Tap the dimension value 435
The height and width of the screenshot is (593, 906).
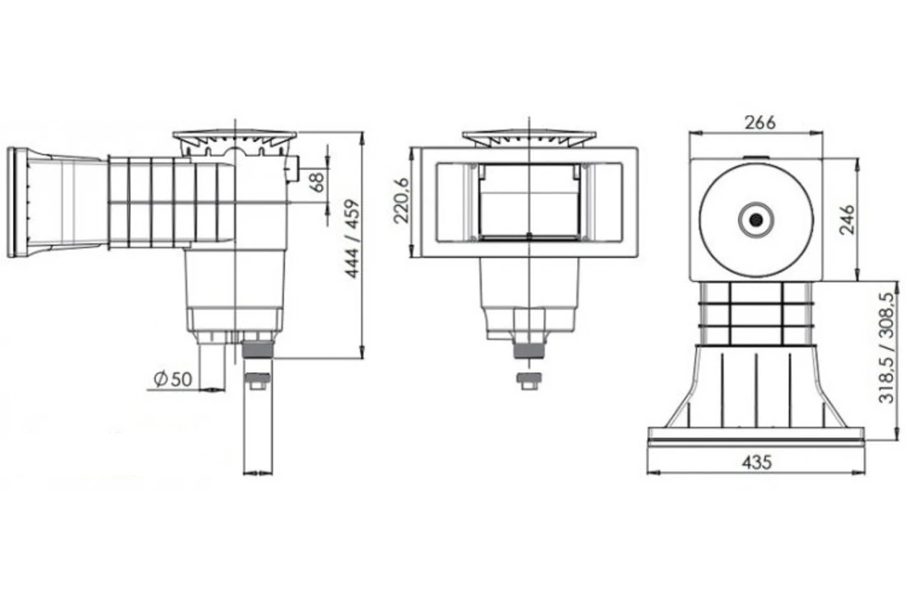tap(755, 463)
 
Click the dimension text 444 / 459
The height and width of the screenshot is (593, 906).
tap(353, 239)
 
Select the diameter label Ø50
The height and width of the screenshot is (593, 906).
tap(172, 379)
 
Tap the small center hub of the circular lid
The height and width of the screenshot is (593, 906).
tap(755, 220)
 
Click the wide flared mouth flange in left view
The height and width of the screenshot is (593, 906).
tap(18, 202)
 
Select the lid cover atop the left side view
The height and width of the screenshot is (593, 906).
tap(235, 136)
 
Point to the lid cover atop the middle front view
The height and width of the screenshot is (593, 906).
tap(529, 136)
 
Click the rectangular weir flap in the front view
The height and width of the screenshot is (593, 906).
tap(529, 202)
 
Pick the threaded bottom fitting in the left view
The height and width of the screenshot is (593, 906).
tap(258, 348)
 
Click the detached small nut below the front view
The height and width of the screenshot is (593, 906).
tap(529, 381)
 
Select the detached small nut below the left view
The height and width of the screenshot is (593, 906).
tap(258, 381)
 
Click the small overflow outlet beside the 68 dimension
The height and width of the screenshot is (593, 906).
tap(292, 171)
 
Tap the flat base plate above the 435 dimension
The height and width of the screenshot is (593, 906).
tap(755, 435)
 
